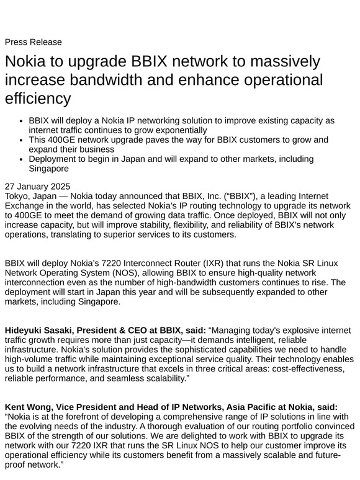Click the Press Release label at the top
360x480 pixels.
33,42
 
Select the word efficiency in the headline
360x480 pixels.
38,99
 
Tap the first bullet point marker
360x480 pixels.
22,120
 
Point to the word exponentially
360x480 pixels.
169,130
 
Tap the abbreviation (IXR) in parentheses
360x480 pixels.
217,263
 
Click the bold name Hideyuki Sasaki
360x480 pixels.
41,331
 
